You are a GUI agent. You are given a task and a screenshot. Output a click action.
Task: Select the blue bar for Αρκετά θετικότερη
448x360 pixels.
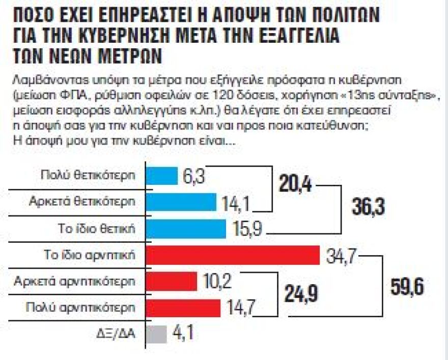pyautogui.click(x=181, y=202)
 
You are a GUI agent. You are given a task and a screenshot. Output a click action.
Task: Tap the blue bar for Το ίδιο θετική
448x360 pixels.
pyautogui.click(x=186, y=229)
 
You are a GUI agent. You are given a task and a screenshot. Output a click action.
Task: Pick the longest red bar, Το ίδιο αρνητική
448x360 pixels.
pyautogui.click(x=233, y=255)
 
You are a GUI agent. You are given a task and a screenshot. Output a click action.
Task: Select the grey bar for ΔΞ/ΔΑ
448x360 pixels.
pyautogui.click(x=156, y=335)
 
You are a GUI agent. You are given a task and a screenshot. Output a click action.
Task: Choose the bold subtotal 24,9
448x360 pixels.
pyautogui.click(x=296, y=294)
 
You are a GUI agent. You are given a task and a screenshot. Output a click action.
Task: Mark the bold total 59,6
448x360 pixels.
pyautogui.click(x=408, y=286)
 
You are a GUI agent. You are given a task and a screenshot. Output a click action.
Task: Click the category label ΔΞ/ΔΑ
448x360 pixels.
pyautogui.click(x=119, y=335)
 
